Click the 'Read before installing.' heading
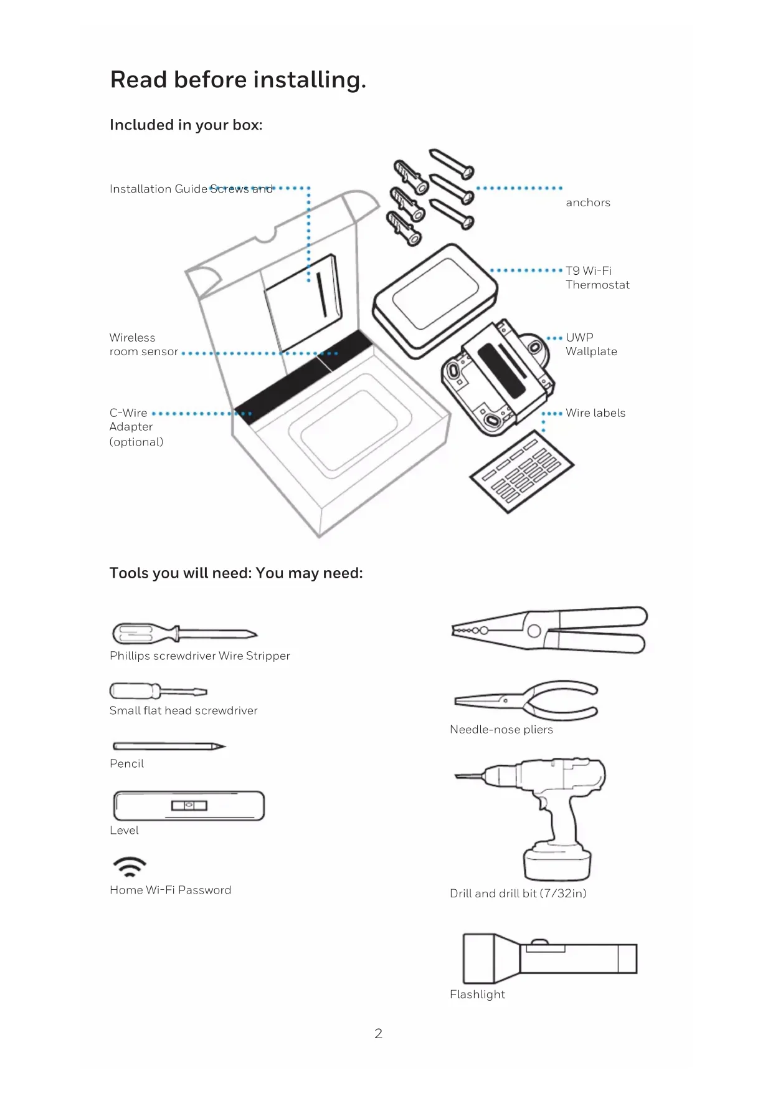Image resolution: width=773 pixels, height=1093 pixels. [238, 80]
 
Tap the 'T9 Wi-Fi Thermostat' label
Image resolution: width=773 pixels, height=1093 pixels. [597, 278]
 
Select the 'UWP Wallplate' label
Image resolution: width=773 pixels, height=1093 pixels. [590, 345]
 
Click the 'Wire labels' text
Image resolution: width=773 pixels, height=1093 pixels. [595, 413]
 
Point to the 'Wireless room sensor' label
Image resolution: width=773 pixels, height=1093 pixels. [143, 345]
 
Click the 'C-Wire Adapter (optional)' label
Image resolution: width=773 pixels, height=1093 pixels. [136, 427]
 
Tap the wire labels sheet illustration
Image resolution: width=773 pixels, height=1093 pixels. [521, 471]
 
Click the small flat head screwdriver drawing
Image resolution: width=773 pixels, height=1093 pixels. [157, 691]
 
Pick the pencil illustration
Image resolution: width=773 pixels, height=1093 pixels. [168, 746]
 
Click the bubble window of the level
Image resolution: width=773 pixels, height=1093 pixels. [189, 806]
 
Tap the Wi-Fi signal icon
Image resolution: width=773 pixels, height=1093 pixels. [130, 866]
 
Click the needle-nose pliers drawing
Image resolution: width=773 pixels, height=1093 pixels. [527, 700]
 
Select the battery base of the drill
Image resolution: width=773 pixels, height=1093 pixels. [557, 862]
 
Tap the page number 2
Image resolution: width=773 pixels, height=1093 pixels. [378, 1034]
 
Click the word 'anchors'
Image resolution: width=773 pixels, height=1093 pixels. [587, 203]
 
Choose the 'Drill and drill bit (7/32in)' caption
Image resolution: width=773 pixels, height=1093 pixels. [518, 894]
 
